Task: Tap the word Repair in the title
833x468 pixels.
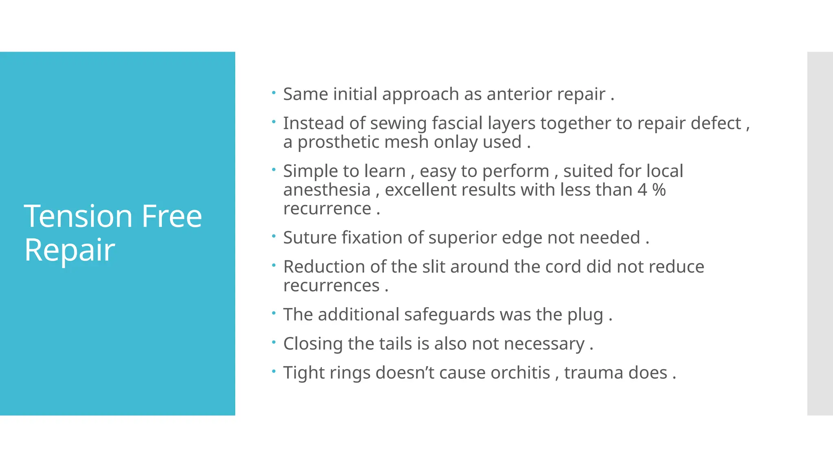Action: click(x=70, y=250)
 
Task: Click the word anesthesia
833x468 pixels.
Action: click(x=327, y=190)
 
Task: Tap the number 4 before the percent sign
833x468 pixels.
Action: click(x=642, y=190)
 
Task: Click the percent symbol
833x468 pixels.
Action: click(x=659, y=190)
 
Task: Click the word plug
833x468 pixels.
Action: click(x=585, y=315)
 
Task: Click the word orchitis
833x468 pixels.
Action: click(x=520, y=373)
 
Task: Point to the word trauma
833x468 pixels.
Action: click(x=593, y=373)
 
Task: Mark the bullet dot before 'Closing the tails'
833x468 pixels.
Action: click(x=274, y=342)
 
